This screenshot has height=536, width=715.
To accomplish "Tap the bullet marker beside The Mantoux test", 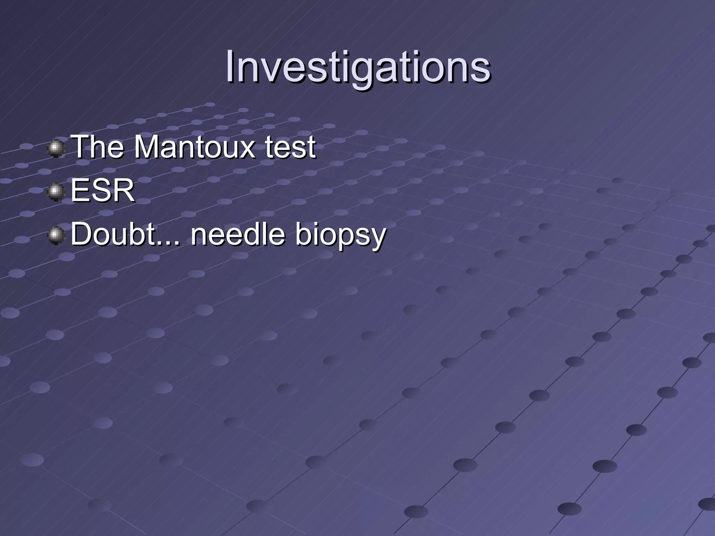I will point(56,149).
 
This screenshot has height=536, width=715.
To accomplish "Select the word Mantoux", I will point(195,147).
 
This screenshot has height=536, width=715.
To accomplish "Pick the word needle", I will point(238,234).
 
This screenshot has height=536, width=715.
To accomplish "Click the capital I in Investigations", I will point(230,66).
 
